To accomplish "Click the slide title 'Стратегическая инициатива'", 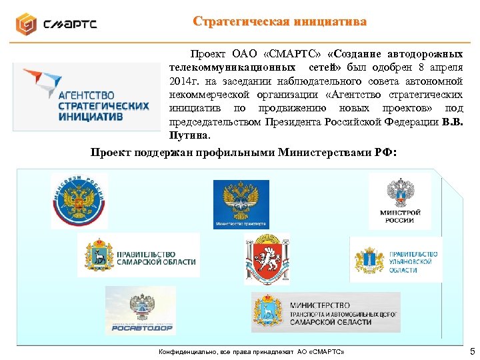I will click(x=279, y=21).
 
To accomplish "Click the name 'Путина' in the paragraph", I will click(x=189, y=136).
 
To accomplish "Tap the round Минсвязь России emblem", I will click(x=79, y=200).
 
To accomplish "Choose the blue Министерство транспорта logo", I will click(x=241, y=204).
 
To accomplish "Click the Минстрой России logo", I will click(x=400, y=201).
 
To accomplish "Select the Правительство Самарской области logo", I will click(x=138, y=255).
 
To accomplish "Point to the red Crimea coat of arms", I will click(x=266, y=259).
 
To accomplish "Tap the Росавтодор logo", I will click(x=141, y=310).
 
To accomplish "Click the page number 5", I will click(x=472, y=351).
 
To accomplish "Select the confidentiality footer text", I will click(x=250, y=351).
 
